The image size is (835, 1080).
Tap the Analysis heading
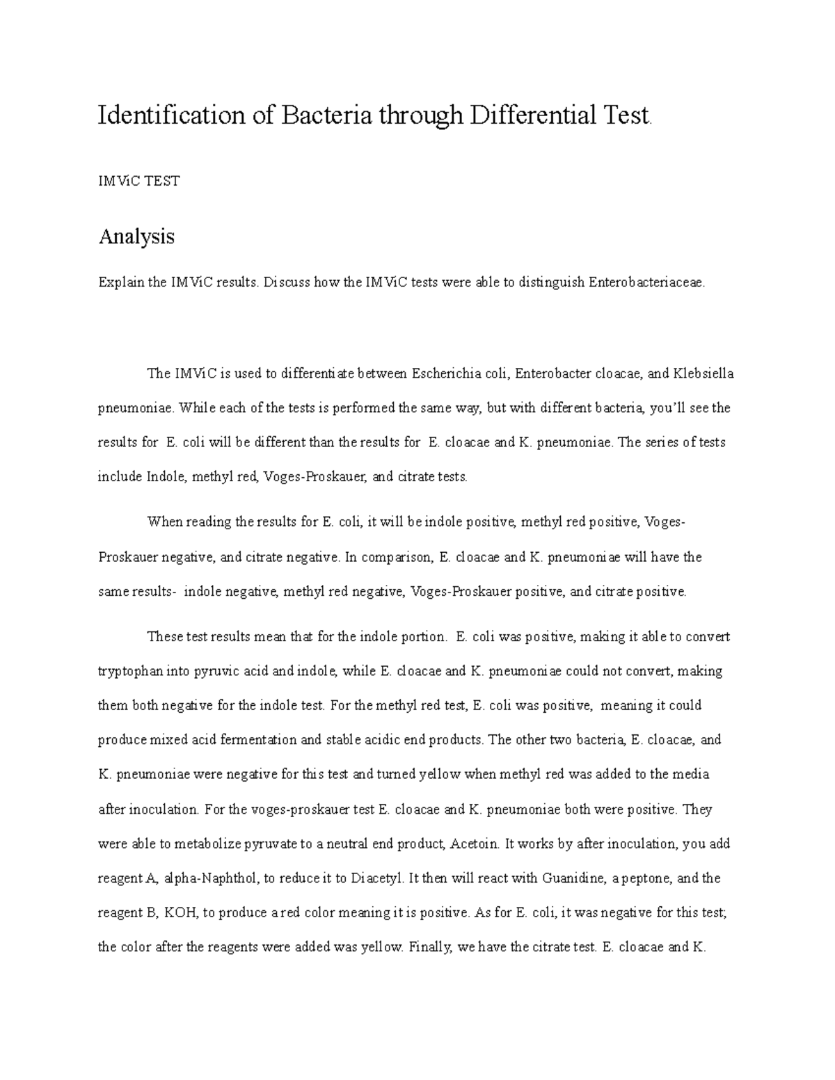pos(136,237)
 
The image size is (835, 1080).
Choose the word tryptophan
pos(132,672)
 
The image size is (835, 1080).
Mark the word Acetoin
pos(475,844)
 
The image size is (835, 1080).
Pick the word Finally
pos(429,947)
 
